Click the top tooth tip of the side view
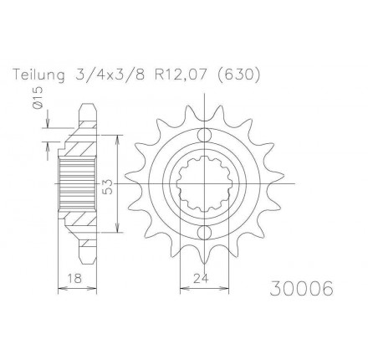[x=85, y=107]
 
